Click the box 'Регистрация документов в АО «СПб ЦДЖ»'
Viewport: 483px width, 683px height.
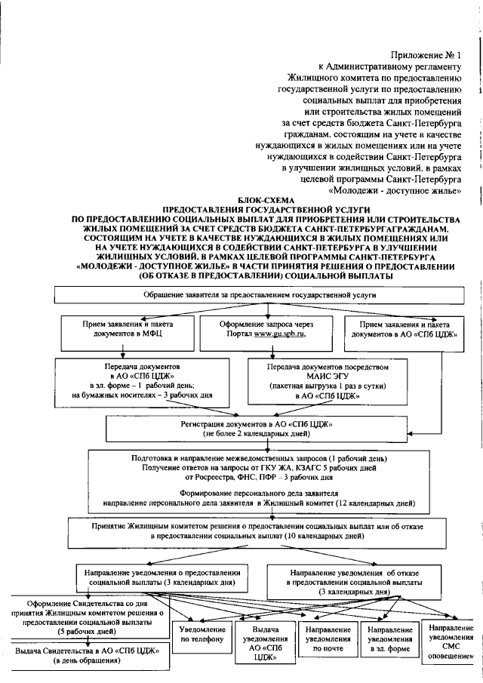point(256,429)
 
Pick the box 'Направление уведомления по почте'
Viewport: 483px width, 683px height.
point(328,639)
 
